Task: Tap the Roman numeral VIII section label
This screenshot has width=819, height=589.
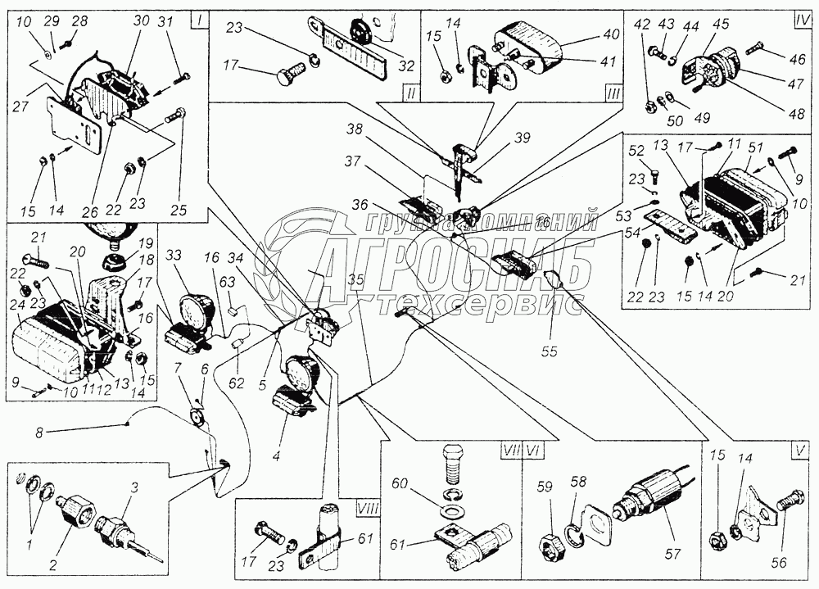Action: (366, 508)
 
